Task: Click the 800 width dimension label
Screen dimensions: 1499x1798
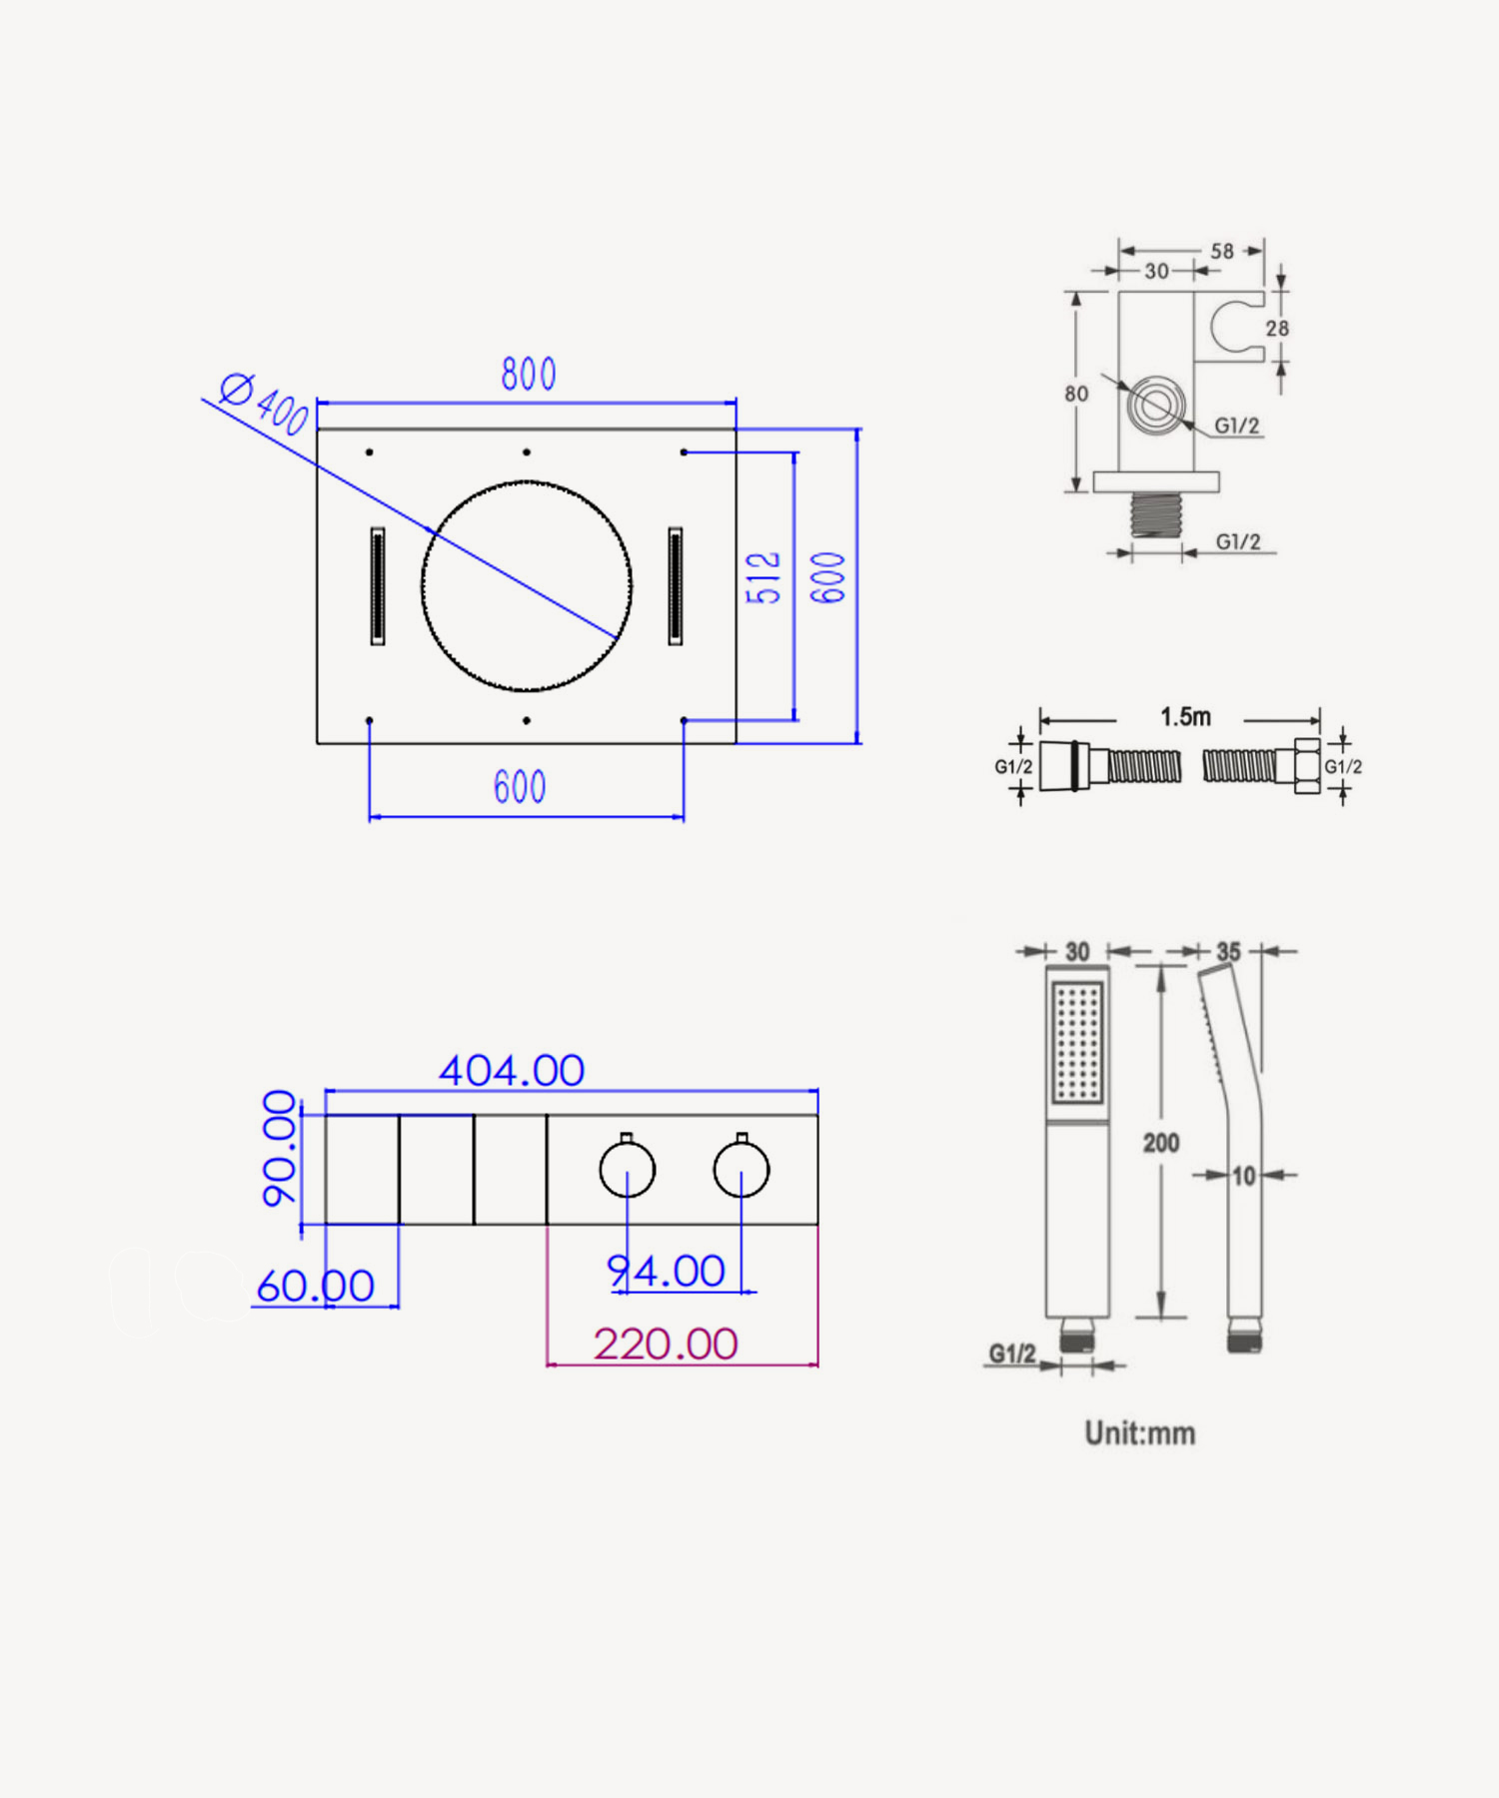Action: click(x=529, y=375)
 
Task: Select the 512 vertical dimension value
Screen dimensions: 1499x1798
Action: click(x=763, y=577)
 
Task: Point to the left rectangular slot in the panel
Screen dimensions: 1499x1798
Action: click(x=378, y=586)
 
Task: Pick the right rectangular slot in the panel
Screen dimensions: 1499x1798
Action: click(x=676, y=586)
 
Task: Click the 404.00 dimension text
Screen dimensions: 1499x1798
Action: click(x=512, y=1071)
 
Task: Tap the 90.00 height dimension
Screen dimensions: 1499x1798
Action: click(x=280, y=1149)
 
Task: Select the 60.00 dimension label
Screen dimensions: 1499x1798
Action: click(x=316, y=1287)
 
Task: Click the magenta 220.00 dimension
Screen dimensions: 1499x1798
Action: click(x=666, y=1345)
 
